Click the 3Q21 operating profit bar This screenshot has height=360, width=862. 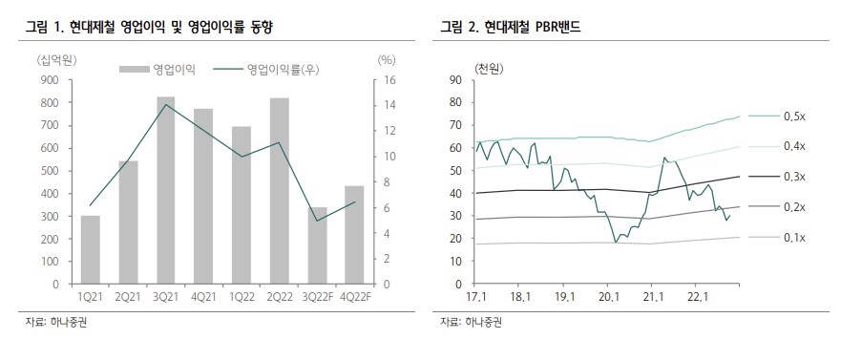[x=166, y=191]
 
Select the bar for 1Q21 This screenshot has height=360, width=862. [x=91, y=250]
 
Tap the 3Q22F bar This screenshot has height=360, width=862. [x=317, y=245]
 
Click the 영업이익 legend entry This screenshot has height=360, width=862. [x=162, y=70]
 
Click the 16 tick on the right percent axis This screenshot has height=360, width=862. [x=385, y=80]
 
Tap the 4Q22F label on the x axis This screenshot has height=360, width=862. [x=354, y=297]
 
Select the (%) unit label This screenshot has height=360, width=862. [x=387, y=60]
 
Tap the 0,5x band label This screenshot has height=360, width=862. [x=794, y=116]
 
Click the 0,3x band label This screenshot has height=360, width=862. [x=794, y=177]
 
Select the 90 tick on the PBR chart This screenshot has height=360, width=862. [x=455, y=79]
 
